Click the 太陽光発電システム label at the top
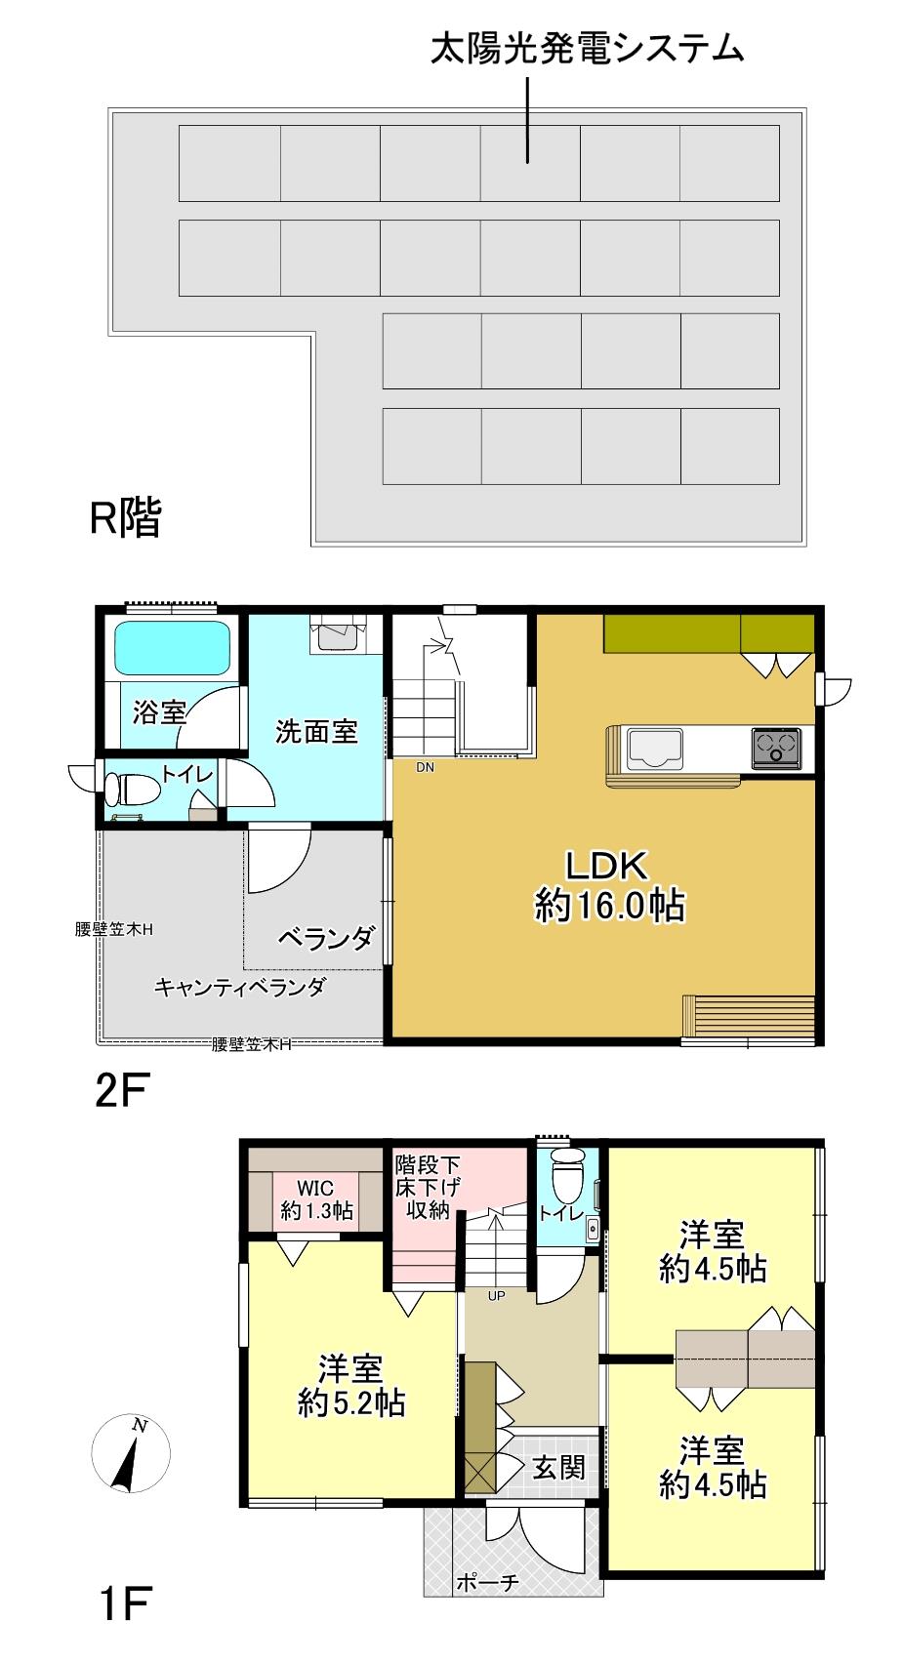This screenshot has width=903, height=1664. (x=587, y=49)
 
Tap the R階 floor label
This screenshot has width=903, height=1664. (x=125, y=517)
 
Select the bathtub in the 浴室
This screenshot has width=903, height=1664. (x=173, y=648)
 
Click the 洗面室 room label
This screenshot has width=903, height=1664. (x=316, y=732)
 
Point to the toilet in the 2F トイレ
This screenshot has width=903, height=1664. (x=132, y=790)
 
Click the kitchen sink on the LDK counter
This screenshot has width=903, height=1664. (x=655, y=749)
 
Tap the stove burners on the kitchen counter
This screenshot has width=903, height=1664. (x=777, y=748)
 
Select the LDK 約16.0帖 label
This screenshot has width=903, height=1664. (x=609, y=886)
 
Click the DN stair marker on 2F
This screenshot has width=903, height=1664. (x=425, y=767)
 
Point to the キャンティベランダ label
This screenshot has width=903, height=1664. (x=239, y=988)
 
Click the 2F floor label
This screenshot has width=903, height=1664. (x=123, y=1091)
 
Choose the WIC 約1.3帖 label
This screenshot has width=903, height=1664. (x=316, y=1199)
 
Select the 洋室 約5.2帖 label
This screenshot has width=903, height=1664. (x=350, y=1386)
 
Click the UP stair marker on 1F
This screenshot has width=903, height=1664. (x=497, y=1295)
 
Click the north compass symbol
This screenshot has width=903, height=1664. (x=130, y=1453)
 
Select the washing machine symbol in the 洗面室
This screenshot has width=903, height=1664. (x=339, y=634)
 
